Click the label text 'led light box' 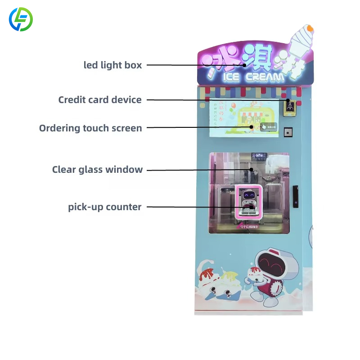113,65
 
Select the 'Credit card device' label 100,99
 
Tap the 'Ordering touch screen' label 90,128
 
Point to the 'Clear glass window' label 97,170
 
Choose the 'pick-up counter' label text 105,207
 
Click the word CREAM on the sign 265,77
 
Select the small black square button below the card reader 288,132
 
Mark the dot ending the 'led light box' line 245,65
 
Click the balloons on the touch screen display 233,108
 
